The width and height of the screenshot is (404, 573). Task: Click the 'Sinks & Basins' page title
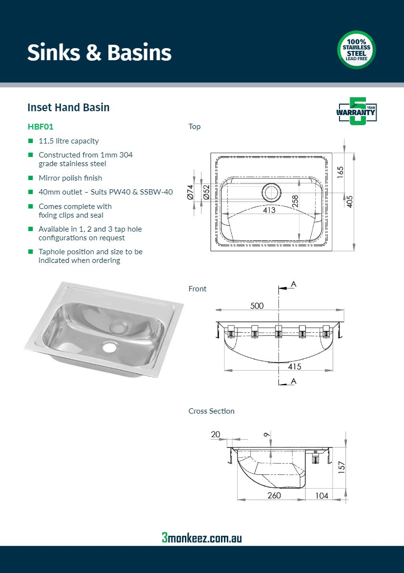click(x=99, y=52)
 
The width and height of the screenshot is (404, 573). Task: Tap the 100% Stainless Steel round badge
click(x=356, y=50)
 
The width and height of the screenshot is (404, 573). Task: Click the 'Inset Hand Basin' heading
click(x=68, y=107)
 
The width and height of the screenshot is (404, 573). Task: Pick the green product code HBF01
click(x=40, y=127)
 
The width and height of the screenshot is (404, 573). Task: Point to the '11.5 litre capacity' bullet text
click(x=68, y=141)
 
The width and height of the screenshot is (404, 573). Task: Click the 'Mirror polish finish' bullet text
click(x=70, y=178)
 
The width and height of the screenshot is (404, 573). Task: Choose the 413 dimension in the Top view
click(x=269, y=210)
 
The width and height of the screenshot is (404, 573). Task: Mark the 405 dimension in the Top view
click(x=350, y=201)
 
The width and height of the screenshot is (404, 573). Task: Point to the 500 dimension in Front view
click(x=257, y=306)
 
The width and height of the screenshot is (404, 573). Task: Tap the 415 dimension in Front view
click(x=294, y=366)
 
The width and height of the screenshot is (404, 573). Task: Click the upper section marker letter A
click(x=294, y=285)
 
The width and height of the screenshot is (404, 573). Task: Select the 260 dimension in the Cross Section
click(x=274, y=495)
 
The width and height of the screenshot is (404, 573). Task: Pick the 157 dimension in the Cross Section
click(x=341, y=467)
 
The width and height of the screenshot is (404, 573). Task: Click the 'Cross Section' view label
click(x=211, y=411)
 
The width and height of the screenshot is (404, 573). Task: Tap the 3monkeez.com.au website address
click(x=202, y=538)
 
